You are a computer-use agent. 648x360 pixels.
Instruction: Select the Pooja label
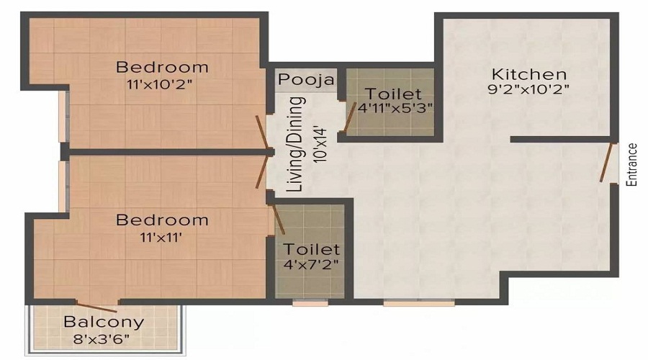click(x=307, y=79)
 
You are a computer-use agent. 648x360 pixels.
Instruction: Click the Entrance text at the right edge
click(x=632, y=165)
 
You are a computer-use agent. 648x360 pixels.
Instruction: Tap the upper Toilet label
click(x=392, y=94)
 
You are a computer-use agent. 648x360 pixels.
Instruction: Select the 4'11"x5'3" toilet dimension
click(x=392, y=109)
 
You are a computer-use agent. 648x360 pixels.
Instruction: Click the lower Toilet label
click(x=311, y=249)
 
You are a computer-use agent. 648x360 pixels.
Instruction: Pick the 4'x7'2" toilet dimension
click(x=311, y=264)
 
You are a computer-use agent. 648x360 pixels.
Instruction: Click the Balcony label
click(x=104, y=322)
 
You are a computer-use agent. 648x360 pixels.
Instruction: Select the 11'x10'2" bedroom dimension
click(x=162, y=84)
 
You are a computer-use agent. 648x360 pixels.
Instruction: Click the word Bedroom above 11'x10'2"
click(x=162, y=68)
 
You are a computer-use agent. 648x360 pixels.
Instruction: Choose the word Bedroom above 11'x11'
click(x=162, y=220)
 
